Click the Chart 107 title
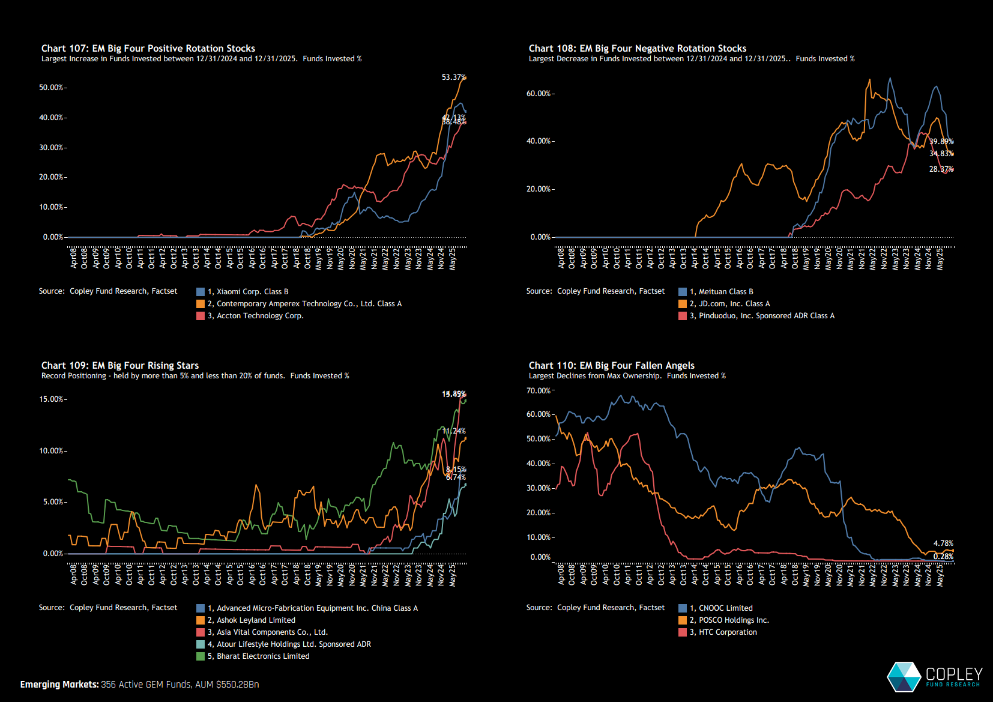coord(148,48)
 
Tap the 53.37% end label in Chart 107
coord(453,77)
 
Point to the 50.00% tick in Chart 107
coord(51,88)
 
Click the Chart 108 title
coord(637,48)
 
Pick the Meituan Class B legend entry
coord(726,292)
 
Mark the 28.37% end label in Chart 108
coord(941,169)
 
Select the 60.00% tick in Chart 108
coord(539,94)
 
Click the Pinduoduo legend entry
coord(766,316)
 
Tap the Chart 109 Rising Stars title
coord(120,365)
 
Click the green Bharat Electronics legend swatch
coord(201,656)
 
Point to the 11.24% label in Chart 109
coord(454,431)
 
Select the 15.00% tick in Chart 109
coord(51,399)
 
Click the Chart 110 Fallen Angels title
coord(611,365)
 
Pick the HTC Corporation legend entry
coord(728,632)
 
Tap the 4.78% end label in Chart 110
coord(943,543)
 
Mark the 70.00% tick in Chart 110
coord(539,391)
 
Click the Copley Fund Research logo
coord(934,677)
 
